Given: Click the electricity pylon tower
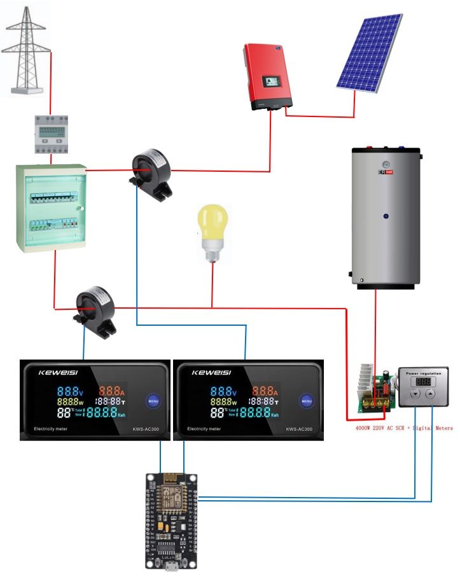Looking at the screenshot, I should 26,51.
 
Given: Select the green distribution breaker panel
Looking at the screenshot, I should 51,207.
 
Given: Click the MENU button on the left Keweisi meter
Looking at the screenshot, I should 153,402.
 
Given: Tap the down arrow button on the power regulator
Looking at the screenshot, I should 414,395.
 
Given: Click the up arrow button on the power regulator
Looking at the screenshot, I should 430,395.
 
